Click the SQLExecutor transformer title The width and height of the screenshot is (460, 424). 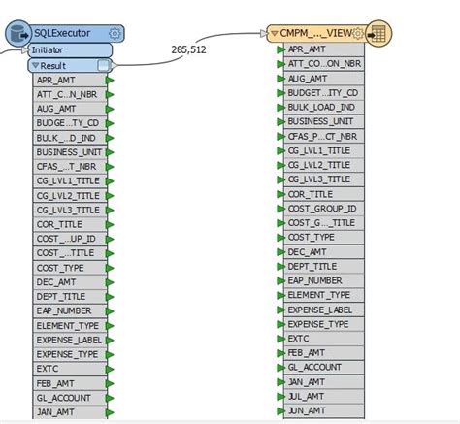[61, 32]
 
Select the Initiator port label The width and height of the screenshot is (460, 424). [49, 49]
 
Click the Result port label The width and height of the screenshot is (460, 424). [53, 65]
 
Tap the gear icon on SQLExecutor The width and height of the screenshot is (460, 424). [115, 32]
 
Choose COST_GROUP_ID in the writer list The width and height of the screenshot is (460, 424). [322, 209]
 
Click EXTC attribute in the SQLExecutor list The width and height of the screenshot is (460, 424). [49, 370]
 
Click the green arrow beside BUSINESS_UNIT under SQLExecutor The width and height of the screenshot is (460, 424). [110, 152]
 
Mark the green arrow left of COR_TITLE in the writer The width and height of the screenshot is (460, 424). [279, 194]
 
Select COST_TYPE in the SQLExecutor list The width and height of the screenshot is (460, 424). [60, 268]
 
